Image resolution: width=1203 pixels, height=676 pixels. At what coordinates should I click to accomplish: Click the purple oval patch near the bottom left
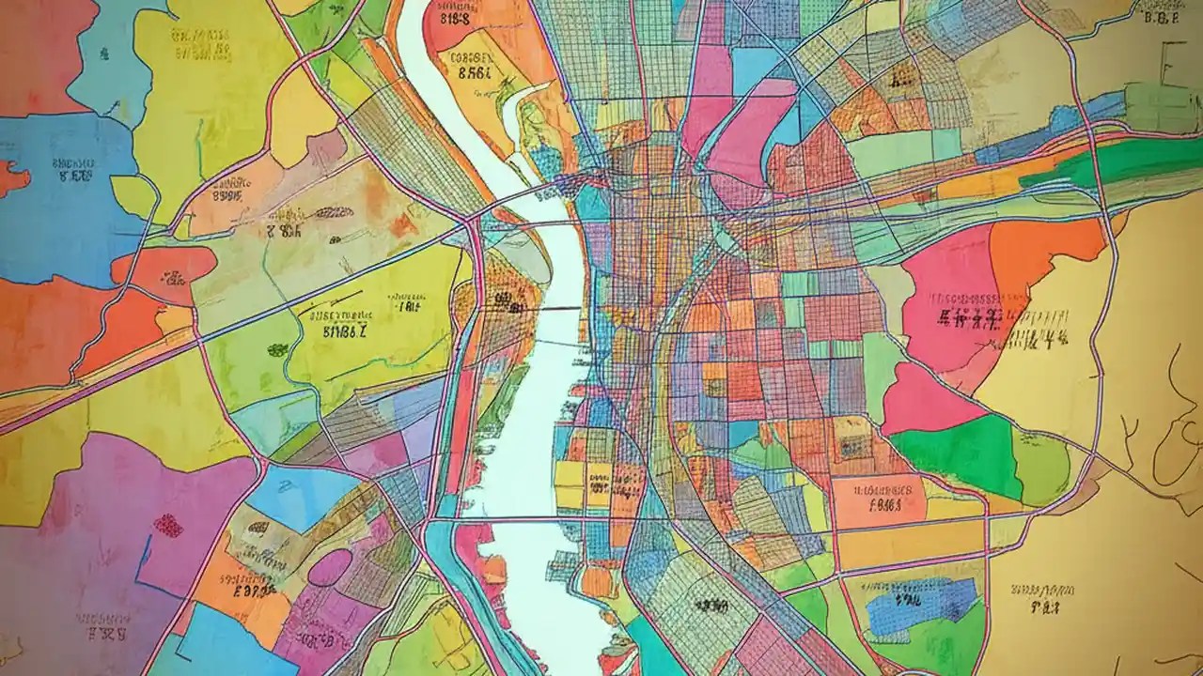[x=330, y=567]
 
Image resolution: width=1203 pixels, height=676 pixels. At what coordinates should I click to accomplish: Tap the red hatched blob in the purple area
[x=167, y=526]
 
